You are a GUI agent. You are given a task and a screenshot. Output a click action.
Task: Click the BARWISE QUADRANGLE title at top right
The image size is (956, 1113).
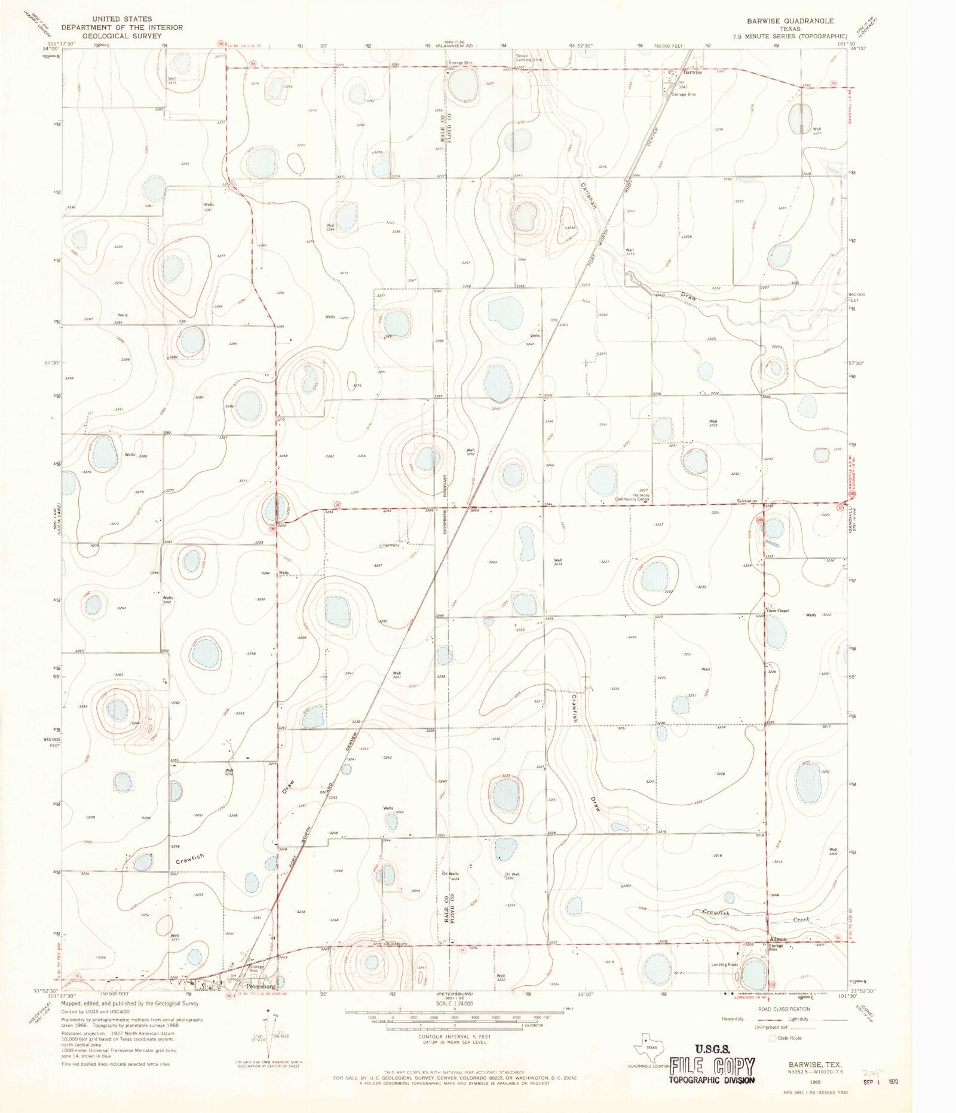coord(790,21)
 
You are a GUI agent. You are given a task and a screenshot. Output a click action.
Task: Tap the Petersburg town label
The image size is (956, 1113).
coord(261,986)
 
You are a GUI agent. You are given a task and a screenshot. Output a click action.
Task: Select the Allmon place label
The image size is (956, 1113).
coord(778,939)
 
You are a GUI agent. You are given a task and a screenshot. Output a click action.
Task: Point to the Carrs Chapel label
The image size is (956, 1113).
coord(778,611)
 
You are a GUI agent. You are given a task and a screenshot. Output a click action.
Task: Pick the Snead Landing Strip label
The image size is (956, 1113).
coord(529,58)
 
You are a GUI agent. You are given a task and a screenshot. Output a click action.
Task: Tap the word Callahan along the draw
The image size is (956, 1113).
coord(588,195)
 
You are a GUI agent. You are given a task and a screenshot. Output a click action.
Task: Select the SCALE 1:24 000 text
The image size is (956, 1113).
coord(454,1003)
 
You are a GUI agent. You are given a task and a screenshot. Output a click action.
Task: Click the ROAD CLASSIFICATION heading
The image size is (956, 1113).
coord(784,1009)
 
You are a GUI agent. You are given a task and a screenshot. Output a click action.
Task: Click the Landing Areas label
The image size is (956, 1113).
coord(724,965)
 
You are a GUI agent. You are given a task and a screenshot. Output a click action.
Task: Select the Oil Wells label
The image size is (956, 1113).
coord(450,874)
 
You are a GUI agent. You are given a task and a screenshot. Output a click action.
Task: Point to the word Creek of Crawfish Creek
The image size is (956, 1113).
coord(801,919)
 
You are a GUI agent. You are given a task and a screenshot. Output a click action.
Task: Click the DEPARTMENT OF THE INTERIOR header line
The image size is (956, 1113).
coord(122,27)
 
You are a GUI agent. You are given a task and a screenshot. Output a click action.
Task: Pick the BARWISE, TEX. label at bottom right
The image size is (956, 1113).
coord(815,1065)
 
